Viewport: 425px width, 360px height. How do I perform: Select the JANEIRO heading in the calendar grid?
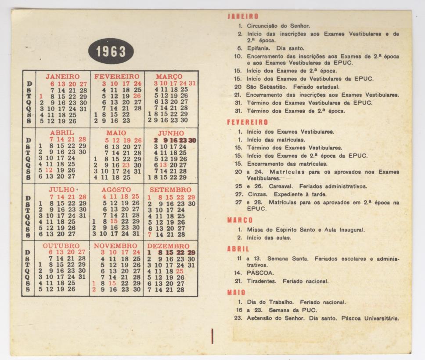pyautogui.click(x=62, y=76)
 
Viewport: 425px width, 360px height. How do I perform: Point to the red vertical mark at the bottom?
pyautogui.click(x=212, y=335)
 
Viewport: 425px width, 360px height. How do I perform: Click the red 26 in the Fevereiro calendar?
pyautogui.click(x=137, y=95)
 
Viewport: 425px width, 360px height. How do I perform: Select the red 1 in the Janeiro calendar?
pyautogui.click(x=40, y=96)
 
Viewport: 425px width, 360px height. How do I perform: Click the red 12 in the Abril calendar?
pyautogui.click(x=50, y=170)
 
